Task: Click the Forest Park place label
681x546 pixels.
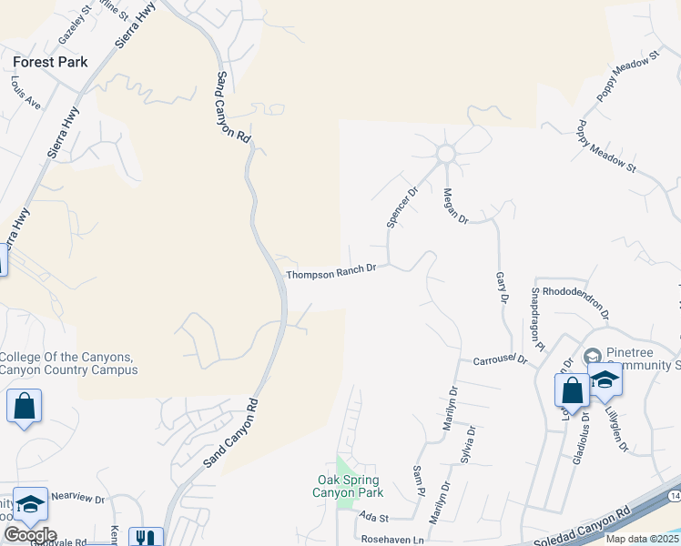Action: pos(51,62)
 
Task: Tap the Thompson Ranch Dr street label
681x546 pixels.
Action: pos(331,272)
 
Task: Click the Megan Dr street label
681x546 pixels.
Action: pos(454,207)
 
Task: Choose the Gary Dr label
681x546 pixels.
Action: pos(501,287)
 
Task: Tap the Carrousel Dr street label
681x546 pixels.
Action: pos(500,360)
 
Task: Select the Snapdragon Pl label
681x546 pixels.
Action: pos(537,319)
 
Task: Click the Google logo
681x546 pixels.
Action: pos(30,534)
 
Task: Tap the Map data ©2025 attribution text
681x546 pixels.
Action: pos(642,539)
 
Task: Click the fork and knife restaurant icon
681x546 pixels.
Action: pos(146,537)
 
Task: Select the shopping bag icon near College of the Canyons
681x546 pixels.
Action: pos(24,406)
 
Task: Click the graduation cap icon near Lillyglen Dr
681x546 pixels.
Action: pos(605,379)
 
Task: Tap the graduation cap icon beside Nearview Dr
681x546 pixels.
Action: pos(29,507)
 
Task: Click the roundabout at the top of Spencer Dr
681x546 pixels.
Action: pos(445,154)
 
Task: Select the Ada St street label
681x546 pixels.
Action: pos(374,517)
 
